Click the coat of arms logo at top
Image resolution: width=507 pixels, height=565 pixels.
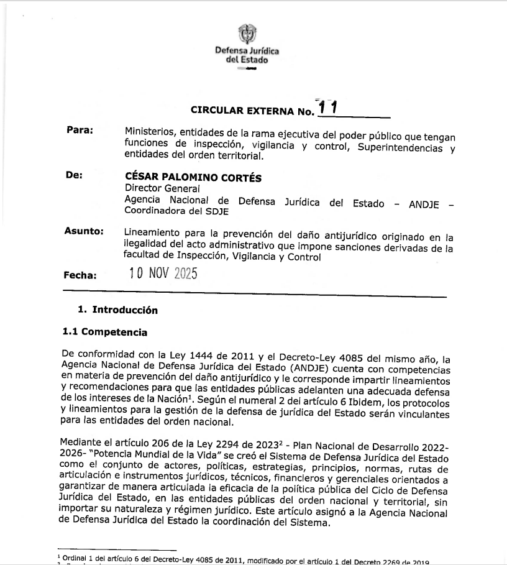point(247,33)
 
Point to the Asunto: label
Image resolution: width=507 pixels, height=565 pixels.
point(83,231)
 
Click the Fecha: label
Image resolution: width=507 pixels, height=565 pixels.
point(80,275)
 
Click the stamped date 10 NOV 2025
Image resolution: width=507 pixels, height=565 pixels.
point(163,273)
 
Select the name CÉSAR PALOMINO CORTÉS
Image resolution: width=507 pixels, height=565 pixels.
point(193,178)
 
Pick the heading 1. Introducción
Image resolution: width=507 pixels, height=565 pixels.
point(117,310)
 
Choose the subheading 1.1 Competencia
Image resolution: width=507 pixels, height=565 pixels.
point(104,332)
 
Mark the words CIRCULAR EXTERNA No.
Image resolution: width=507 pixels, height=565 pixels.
point(251,111)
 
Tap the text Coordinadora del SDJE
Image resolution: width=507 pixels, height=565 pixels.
point(168,211)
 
